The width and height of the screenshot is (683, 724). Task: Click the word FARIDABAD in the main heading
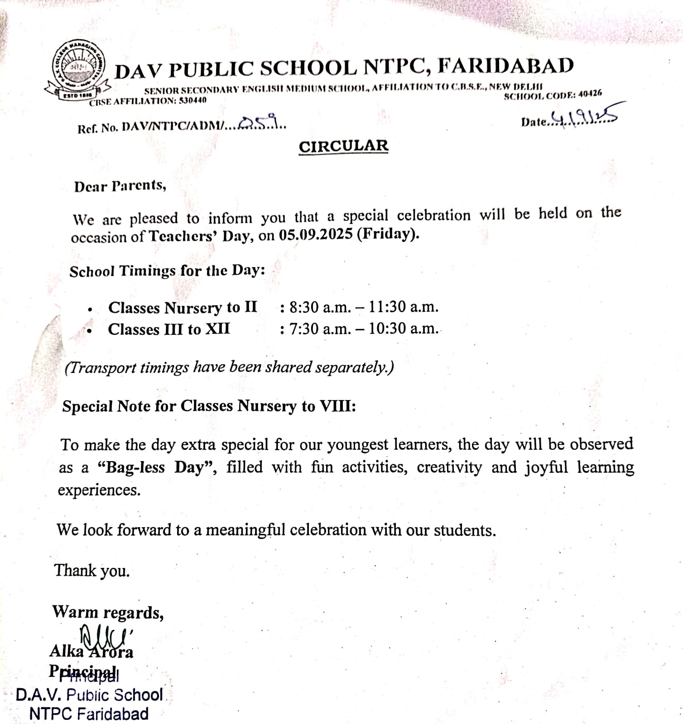(505, 66)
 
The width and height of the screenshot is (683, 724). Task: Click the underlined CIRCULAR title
(343, 146)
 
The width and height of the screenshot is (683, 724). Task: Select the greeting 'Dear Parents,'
(120, 186)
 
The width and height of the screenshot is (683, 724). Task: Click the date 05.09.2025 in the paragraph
(315, 235)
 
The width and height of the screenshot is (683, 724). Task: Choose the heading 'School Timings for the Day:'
(167, 271)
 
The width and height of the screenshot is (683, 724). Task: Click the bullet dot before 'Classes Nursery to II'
(91, 310)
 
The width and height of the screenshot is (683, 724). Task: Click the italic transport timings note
(229, 367)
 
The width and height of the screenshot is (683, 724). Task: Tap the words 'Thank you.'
(92, 571)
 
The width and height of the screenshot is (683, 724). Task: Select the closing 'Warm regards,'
(108, 612)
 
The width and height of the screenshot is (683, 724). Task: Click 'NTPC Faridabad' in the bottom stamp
(89, 714)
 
